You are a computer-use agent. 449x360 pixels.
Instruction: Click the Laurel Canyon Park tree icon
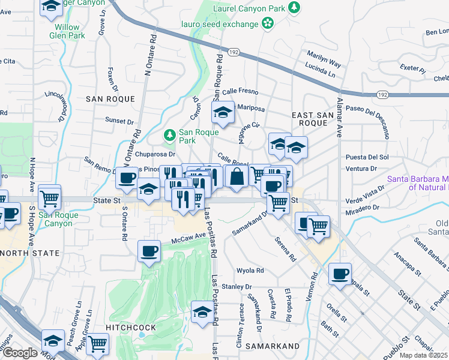click(294, 7)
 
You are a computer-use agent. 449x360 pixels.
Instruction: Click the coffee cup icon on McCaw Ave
click(149, 252)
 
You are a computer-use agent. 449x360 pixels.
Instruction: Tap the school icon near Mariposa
click(223, 112)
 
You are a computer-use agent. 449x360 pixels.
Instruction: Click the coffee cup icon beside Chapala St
click(340, 274)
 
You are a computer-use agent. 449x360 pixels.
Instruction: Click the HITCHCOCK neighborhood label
click(131, 327)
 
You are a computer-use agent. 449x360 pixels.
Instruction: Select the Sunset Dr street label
click(119, 121)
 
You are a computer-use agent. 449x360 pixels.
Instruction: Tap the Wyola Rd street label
click(250, 271)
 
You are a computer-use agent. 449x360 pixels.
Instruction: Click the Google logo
click(20, 353)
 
